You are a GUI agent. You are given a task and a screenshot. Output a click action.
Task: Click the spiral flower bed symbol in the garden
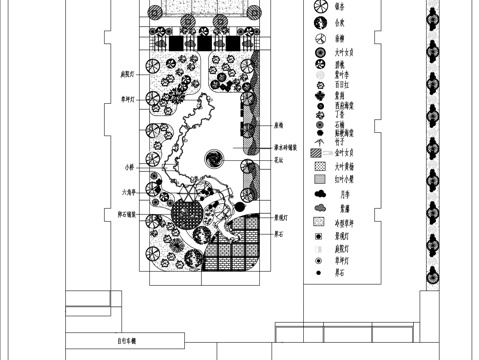pos(214,159)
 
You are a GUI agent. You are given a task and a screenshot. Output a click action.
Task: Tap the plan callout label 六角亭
pos(127,192)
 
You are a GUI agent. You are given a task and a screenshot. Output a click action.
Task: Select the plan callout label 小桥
pos(129,166)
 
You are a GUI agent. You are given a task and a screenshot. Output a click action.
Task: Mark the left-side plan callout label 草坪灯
pos(128,98)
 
